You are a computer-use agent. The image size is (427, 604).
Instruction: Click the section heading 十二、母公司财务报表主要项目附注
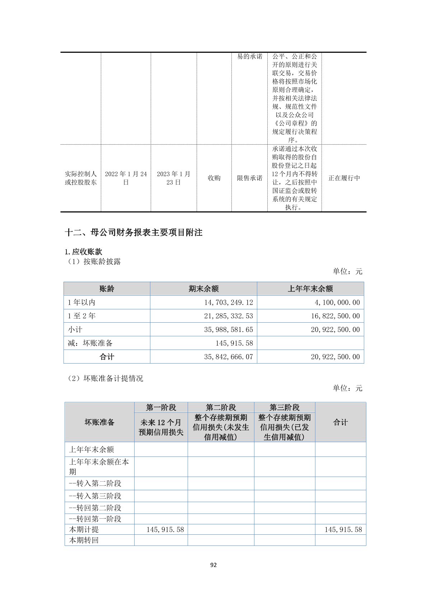(x=133, y=233)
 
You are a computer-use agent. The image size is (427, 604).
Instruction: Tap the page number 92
(x=213, y=565)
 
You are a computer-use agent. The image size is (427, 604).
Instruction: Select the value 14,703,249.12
(x=228, y=303)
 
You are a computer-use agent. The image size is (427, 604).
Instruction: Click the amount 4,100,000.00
(x=337, y=303)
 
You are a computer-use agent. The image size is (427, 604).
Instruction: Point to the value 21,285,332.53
(x=228, y=316)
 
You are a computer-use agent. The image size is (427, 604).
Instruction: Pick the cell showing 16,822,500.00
(x=335, y=316)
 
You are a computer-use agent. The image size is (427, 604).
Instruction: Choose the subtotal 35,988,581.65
(x=228, y=330)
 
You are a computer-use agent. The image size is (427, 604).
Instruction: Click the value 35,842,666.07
(x=228, y=357)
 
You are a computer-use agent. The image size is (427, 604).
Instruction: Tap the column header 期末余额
(x=203, y=289)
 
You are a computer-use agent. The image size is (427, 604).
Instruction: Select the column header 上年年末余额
(x=310, y=289)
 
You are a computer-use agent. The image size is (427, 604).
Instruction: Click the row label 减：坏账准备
(x=90, y=343)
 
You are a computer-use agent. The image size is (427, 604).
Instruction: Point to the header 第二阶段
(x=221, y=407)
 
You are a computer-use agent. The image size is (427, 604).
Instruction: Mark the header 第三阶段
(x=285, y=407)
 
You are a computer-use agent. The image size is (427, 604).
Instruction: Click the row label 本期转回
(x=84, y=540)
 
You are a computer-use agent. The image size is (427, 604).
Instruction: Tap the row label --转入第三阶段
(x=95, y=496)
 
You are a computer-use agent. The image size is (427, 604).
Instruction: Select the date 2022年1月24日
(x=126, y=178)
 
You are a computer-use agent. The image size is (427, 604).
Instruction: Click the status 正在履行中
(x=344, y=178)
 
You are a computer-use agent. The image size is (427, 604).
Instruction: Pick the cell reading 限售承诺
(x=250, y=178)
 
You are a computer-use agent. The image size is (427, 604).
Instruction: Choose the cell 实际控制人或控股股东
(x=81, y=178)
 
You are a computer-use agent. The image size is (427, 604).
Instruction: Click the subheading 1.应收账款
(x=84, y=252)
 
